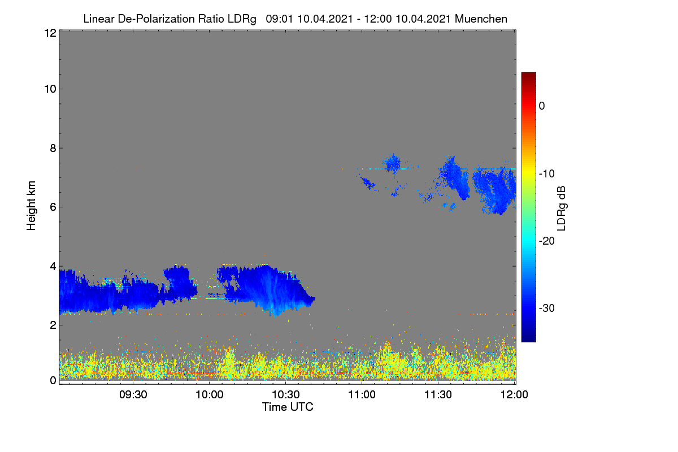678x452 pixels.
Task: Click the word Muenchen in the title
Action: coord(481,19)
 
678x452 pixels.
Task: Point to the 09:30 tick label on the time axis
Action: coord(133,394)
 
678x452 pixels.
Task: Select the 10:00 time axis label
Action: coord(210,394)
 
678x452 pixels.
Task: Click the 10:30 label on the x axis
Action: coord(286,394)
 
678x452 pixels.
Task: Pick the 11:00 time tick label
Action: coord(362,394)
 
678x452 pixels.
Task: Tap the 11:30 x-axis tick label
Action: coord(438,394)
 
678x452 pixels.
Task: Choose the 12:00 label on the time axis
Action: coord(514,394)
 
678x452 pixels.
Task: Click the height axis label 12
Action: coord(50,33)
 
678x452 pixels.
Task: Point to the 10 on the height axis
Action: coord(50,89)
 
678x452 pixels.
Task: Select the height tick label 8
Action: coord(53,149)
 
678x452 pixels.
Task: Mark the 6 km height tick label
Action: coord(53,207)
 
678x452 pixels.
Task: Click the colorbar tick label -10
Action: coord(547,174)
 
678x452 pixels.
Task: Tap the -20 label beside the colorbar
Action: coord(547,241)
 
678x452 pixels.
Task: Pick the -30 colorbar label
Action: coord(547,308)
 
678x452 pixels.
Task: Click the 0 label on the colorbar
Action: coord(542,106)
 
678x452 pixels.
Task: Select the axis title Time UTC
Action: coord(288,407)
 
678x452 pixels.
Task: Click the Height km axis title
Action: coord(31,206)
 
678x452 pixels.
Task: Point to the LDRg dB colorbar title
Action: coord(562,208)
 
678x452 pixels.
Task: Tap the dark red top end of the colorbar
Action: coord(528,73)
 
